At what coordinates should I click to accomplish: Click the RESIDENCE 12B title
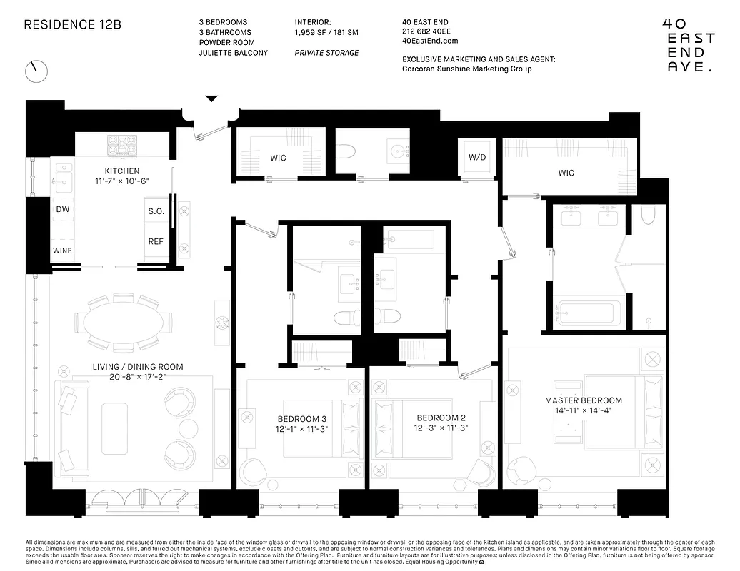point(73,24)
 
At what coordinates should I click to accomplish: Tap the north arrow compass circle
point(36,71)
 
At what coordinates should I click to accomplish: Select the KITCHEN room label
point(122,171)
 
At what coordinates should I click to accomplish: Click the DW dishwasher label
point(62,210)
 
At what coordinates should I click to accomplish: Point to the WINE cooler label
point(62,251)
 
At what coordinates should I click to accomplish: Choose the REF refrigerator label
point(156,241)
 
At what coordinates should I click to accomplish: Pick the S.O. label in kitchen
point(156,211)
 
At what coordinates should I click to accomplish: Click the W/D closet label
point(477,157)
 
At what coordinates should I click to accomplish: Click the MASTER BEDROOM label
point(583,400)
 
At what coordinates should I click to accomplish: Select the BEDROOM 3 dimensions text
point(302,430)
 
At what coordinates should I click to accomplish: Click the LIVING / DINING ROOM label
point(137,367)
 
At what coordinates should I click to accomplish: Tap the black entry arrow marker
point(211,99)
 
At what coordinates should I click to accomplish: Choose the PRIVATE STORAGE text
point(326,53)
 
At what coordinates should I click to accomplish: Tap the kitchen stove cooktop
point(122,144)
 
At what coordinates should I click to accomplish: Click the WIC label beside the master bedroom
point(566,173)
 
